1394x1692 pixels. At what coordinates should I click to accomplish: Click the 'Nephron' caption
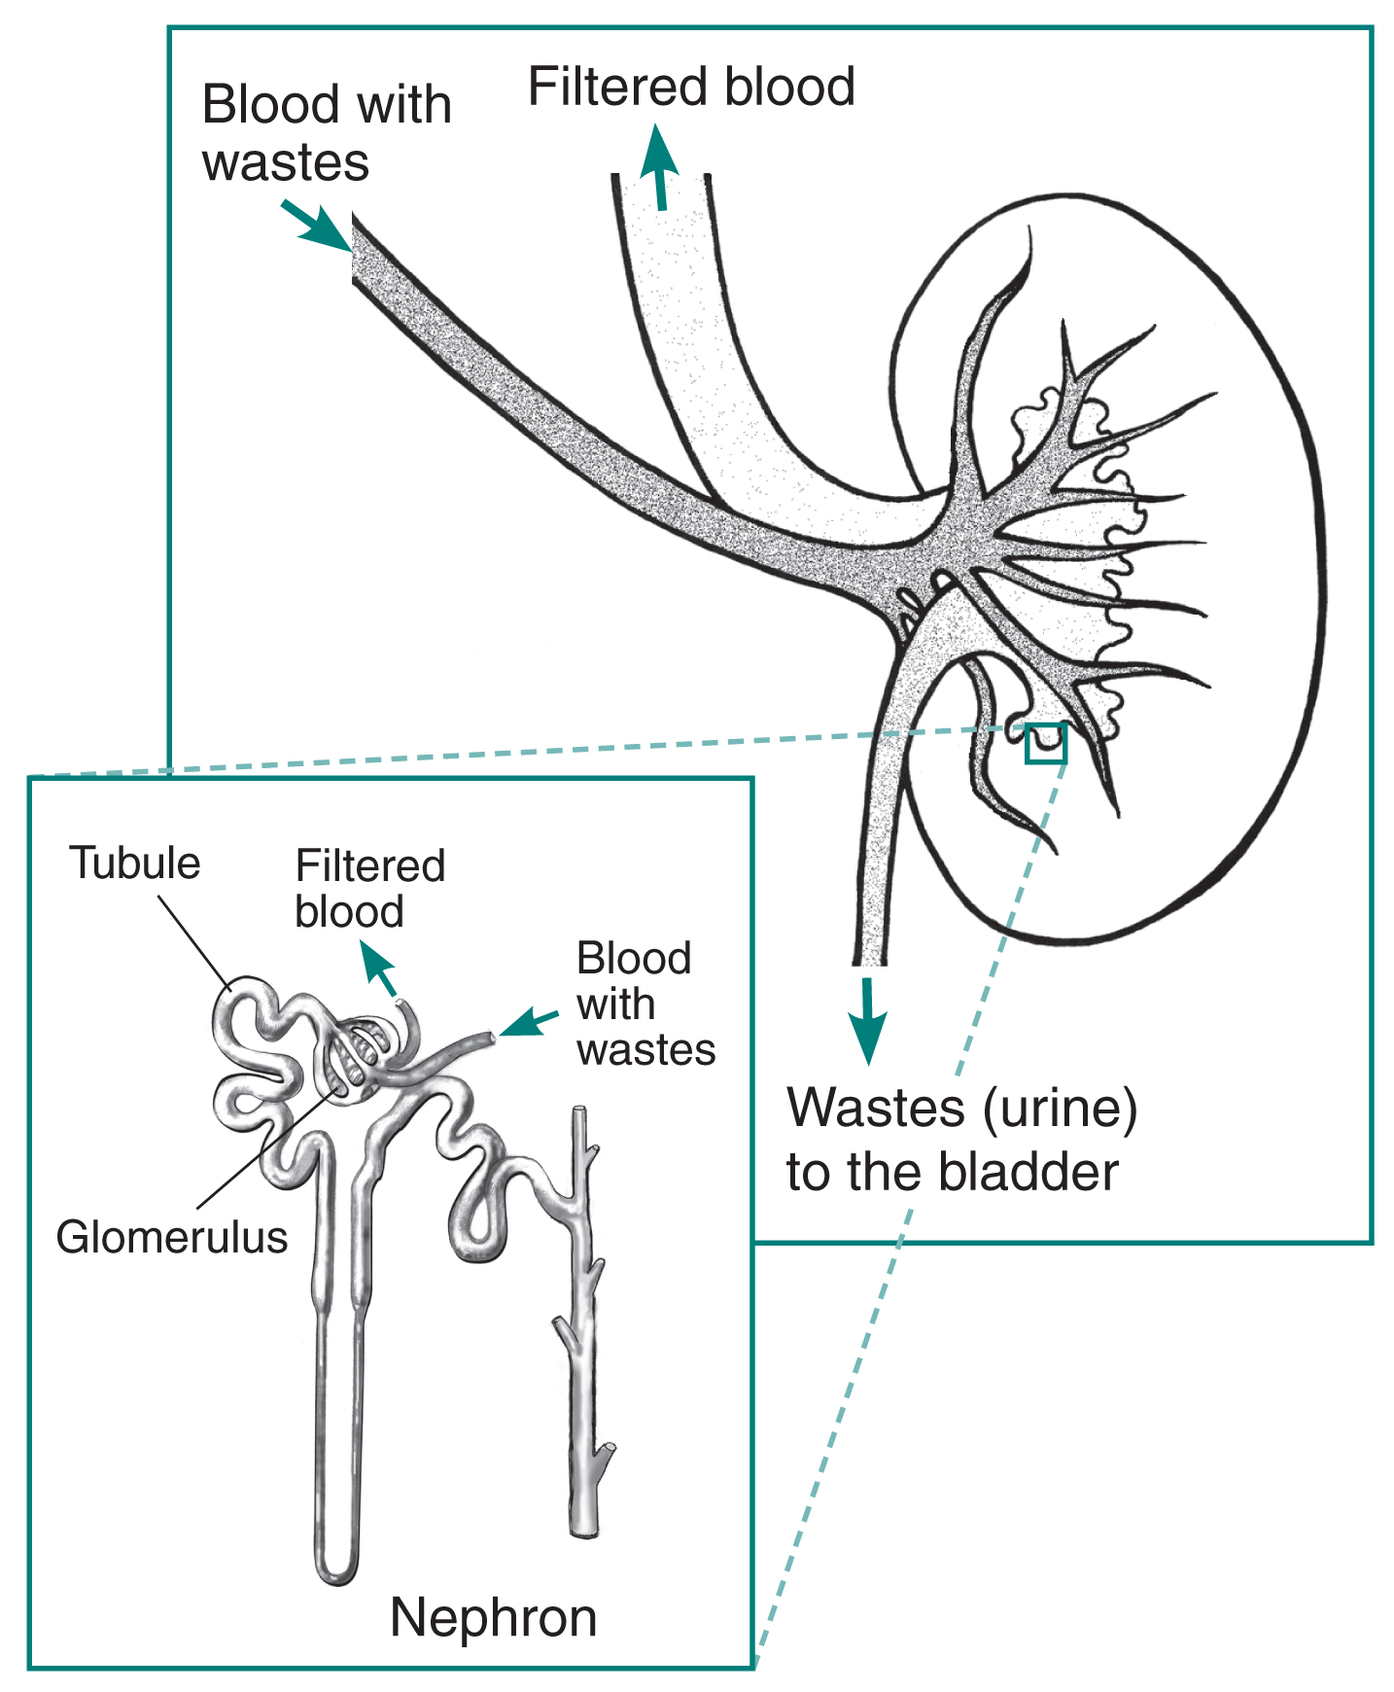point(493,1618)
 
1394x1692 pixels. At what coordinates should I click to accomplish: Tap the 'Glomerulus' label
point(172,1238)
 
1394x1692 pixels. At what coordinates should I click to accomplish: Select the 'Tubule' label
point(134,864)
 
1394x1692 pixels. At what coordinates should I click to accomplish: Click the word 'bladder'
point(1028,1172)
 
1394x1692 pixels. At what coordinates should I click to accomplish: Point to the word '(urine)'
point(1060,1109)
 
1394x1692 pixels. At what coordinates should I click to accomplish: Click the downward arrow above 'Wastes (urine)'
point(867,1021)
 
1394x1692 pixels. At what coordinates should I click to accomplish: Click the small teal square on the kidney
point(1046,743)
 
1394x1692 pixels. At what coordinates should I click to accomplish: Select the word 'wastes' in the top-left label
point(286,162)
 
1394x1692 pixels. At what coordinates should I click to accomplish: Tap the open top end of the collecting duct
point(579,1111)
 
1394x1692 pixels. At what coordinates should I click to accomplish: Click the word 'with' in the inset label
point(615,1005)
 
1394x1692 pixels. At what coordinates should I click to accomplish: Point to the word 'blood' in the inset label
point(349,912)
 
